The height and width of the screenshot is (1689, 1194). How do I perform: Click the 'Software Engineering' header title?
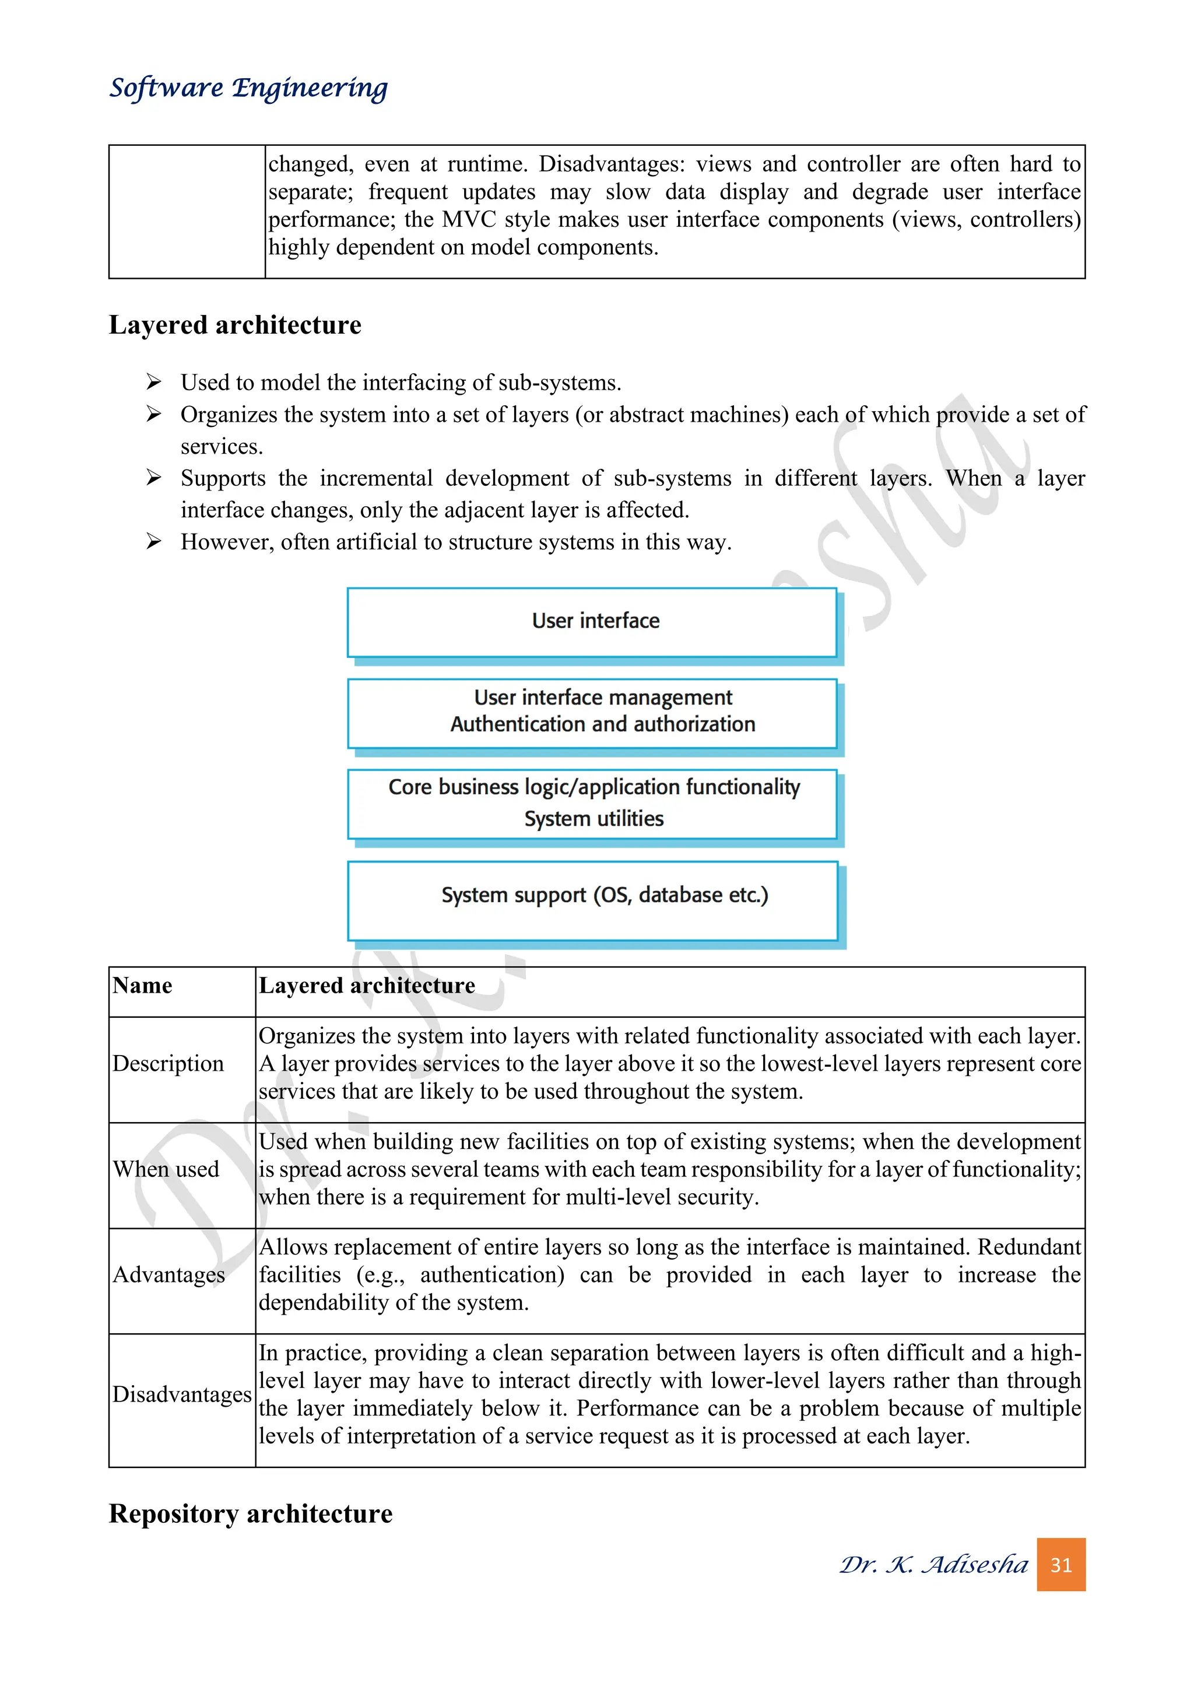click(248, 87)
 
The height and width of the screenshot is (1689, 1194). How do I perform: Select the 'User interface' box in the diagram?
click(592, 622)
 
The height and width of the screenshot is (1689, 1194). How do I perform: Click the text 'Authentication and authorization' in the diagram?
click(602, 724)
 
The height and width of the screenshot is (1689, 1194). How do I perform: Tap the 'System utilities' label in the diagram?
click(594, 819)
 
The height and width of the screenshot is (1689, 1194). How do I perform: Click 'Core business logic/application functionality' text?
click(594, 787)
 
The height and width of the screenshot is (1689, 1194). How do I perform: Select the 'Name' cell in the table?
click(143, 985)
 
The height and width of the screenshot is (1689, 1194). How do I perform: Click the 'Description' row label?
click(168, 1064)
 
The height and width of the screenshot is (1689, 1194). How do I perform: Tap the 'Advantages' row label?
click(168, 1275)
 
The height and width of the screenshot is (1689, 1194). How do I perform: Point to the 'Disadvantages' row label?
click(181, 1394)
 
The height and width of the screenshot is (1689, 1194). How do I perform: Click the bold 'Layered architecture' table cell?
click(366, 985)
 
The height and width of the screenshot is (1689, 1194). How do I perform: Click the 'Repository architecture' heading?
click(250, 1514)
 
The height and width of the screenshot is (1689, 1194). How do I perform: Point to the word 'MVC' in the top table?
click(468, 219)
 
